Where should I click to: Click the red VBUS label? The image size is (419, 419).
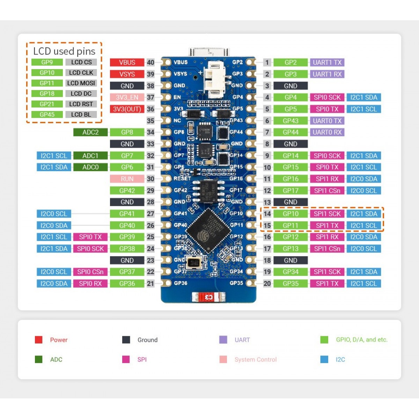(127, 63)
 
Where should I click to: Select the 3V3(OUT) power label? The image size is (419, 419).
(127, 109)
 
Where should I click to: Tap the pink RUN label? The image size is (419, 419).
(127, 179)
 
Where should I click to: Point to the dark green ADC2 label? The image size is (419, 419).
(90, 132)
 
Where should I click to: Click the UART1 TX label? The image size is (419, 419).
(327, 63)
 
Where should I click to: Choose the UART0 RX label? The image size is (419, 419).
(327, 132)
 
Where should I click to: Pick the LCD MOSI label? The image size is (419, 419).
(81, 83)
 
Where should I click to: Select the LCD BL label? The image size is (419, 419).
(81, 115)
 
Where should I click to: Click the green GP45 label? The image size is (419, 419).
(47, 115)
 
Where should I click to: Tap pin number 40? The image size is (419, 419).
(150, 63)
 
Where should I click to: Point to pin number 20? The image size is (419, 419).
(267, 284)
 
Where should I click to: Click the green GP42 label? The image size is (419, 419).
(127, 191)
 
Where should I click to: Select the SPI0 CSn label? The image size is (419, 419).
(90, 272)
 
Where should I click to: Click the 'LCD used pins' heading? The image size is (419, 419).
(64, 51)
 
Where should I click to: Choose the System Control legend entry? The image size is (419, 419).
(255, 359)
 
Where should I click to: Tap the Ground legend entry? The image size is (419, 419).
(147, 340)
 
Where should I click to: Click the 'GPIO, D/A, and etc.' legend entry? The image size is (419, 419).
(361, 340)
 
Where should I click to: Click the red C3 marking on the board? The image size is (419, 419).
(208, 297)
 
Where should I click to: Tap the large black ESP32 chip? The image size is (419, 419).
(208, 230)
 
